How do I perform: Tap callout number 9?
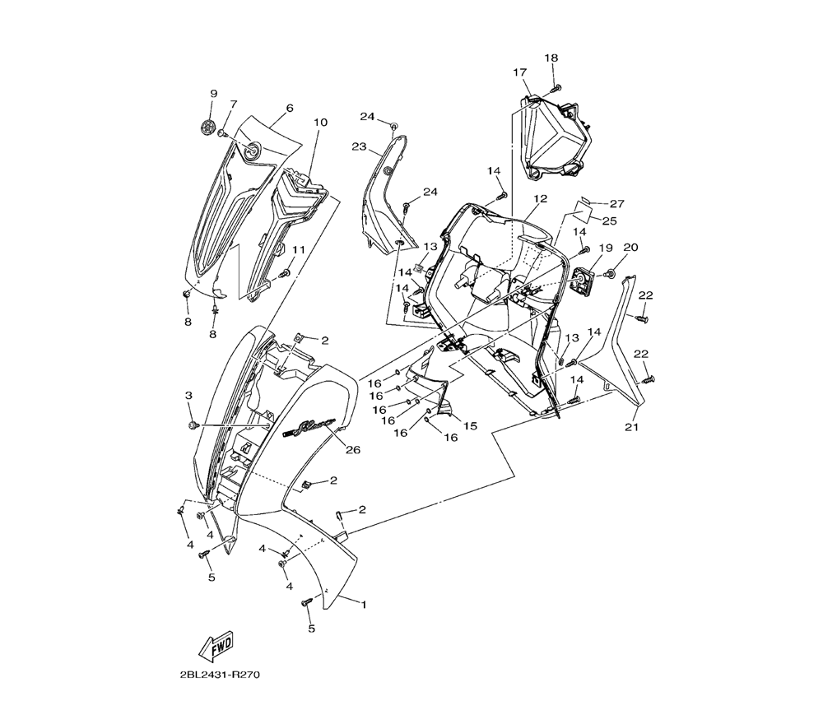pos(213,94)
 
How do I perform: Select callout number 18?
pos(551,58)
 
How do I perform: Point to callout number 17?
pos(520,72)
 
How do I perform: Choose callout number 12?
pos(540,199)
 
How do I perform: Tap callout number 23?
pos(359,146)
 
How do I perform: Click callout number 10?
pos(320,123)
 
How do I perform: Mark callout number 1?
pos(364,605)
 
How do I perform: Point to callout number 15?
pos(471,425)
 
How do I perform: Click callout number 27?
pos(618,203)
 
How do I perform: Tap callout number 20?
pos(631,247)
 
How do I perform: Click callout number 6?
pos(290,108)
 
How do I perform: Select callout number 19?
pos(606,248)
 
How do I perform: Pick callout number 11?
pos(298,249)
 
